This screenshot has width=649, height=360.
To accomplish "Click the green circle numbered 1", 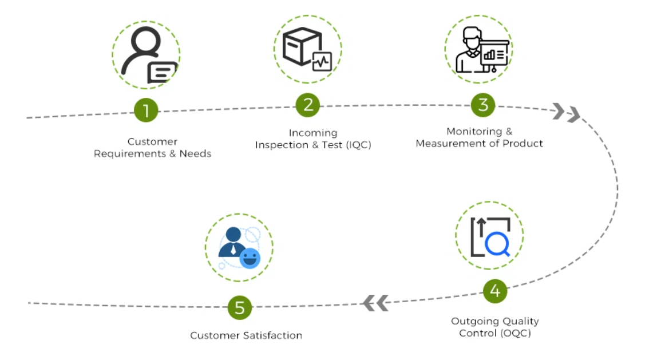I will [146, 110].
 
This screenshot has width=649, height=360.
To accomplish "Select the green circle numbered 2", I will [308, 105].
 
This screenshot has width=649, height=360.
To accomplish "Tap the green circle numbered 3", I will [483, 105].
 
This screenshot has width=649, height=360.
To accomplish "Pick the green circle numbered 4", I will [494, 291].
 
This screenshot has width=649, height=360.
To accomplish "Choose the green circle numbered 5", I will [239, 307].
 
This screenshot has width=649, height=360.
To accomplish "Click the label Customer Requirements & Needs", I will [152, 148].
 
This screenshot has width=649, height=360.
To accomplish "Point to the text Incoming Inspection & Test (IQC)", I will [313, 139].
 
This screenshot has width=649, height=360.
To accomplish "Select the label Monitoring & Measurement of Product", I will [479, 137].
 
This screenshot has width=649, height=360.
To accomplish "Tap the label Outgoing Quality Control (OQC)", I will [494, 327].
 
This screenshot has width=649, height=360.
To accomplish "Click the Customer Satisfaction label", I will [246, 335].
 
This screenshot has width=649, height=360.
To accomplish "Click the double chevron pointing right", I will [566, 113].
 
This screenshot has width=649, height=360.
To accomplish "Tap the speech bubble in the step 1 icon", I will [162, 73].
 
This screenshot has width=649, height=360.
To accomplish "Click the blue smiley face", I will [250, 259].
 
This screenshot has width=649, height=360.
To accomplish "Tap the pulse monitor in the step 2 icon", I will [322, 61].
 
